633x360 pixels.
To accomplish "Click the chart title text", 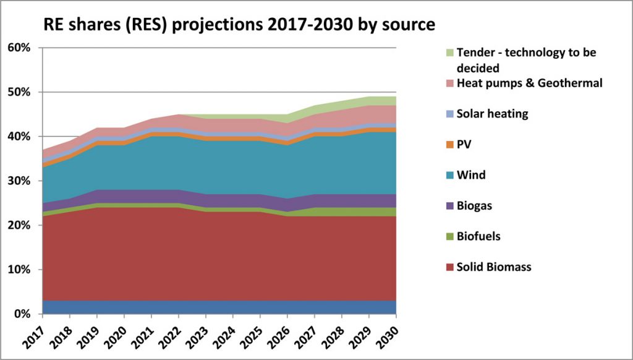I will [x=239, y=25].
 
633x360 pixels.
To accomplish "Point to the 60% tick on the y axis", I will [x=19, y=48].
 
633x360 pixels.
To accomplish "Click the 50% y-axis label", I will [x=19, y=92].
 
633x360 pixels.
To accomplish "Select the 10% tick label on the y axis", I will [x=19, y=270].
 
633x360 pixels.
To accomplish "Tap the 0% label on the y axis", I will [x=22, y=314].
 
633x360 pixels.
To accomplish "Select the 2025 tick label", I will [x=253, y=334].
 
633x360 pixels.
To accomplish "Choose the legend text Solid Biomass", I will [x=493, y=267].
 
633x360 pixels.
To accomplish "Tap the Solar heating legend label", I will [x=492, y=114].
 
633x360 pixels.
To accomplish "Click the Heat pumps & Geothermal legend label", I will [x=528, y=83].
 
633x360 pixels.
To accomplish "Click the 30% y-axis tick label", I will [x=19, y=181].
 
